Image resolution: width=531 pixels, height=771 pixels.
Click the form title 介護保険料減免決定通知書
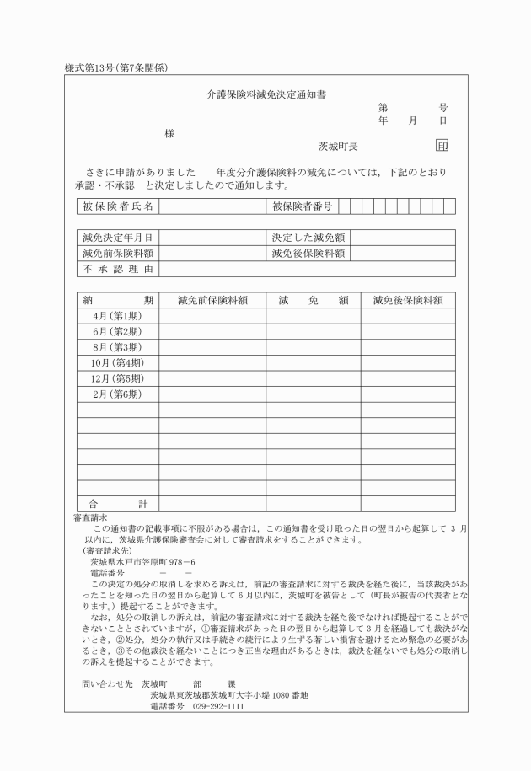pos(266,94)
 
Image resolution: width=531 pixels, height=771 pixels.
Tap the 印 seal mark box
pos(442,146)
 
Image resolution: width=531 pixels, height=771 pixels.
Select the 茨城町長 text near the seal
pos(338,147)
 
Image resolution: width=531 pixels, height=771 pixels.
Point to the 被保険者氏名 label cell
pos(117,206)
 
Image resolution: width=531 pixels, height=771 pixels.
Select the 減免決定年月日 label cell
pos(117,238)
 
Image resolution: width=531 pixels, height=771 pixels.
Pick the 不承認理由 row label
pos(117,269)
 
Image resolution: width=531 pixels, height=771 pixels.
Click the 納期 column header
pos(117,300)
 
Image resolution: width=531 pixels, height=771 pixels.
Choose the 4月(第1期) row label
pos(117,315)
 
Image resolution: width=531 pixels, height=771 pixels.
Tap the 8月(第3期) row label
pos(117,346)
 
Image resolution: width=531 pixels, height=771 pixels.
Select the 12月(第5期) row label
pos(117,378)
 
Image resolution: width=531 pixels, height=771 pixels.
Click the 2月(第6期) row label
pos(117,394)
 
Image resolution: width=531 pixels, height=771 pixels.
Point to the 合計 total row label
pos(117,504)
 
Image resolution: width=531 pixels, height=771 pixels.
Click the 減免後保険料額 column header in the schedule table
pos(408,300)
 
